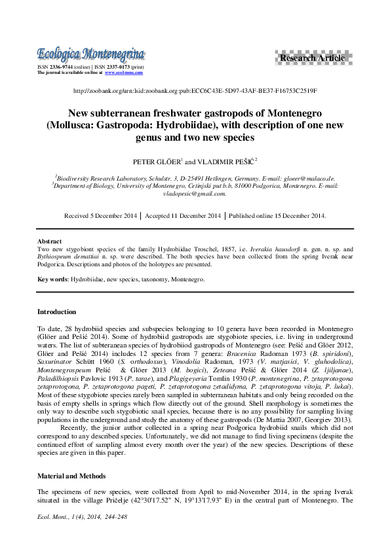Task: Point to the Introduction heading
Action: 56,312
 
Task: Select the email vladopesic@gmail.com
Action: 194,194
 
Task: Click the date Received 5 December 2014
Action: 100,215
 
